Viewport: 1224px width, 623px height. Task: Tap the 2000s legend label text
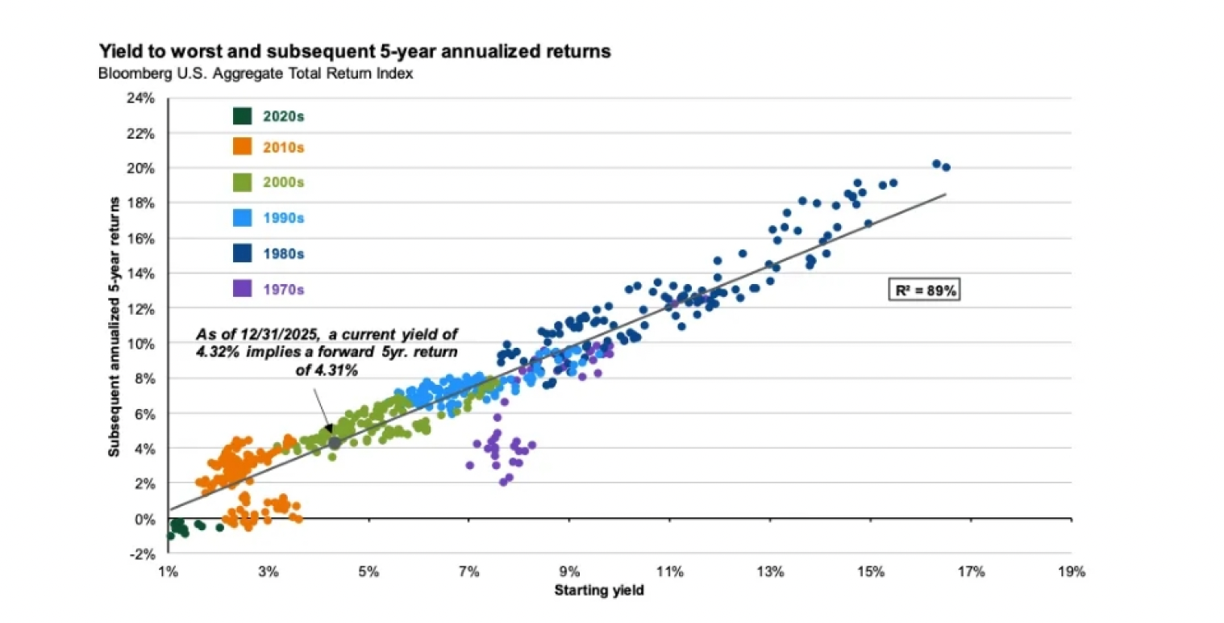[x=283, y=183]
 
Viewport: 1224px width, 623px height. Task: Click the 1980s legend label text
[x=283, y=253]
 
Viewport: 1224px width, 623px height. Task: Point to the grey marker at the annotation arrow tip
[x=335, y=442]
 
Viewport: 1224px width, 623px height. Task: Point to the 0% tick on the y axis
[x=145, y=519]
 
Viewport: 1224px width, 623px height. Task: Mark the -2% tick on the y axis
[x=144, y=554]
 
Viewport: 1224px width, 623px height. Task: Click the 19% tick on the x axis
[x=1071, y=573]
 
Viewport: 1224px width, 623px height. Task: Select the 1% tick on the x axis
[x=169, y=573]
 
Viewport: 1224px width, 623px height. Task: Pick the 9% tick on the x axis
[x=569, y=573]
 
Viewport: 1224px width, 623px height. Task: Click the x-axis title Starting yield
[x=599, y=591]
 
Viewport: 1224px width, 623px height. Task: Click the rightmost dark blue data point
[x=946, y=167]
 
